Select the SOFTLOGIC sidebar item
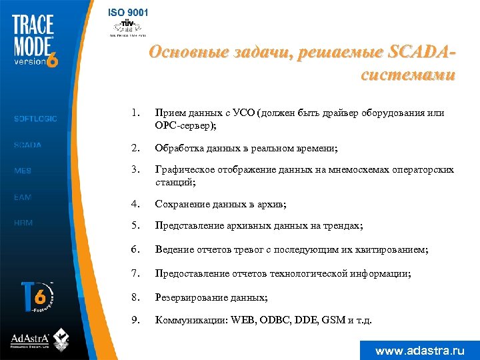pos(35,119)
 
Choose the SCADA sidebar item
pos(27,145)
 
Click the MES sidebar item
pos(23,171)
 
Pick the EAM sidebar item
pos(23,197)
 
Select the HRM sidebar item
pos(23,223)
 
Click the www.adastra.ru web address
pos(419,350)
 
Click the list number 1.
pos(135,113)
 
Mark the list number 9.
pos(135,320)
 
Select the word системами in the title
pos(408,75)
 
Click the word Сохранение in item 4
pos(180,203)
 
